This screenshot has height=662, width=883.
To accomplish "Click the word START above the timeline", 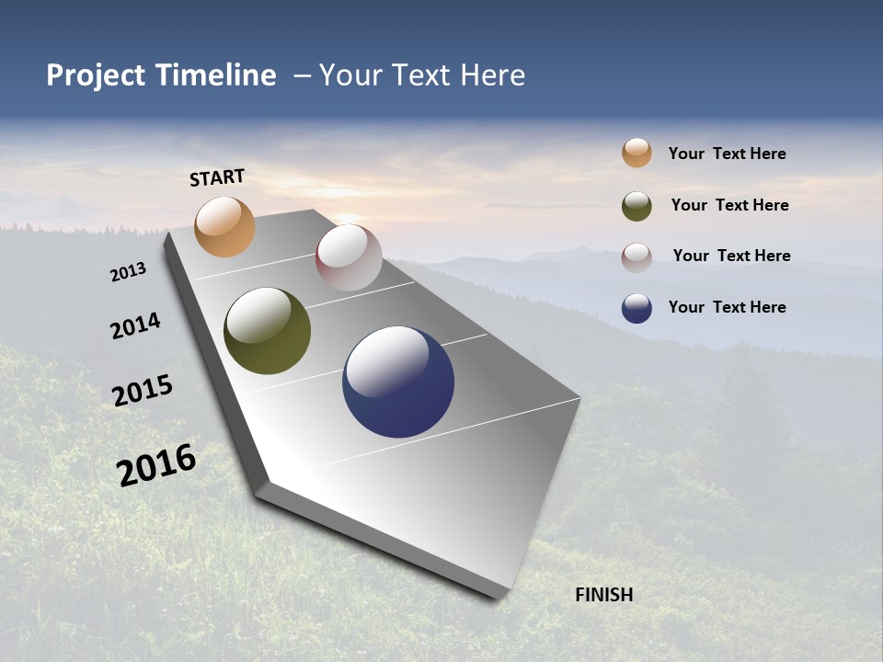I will (217, 177).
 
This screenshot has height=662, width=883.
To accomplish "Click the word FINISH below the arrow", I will (603, 595).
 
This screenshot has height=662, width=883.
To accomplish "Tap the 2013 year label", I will (128, 272).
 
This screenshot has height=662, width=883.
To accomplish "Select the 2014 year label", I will (135, 325).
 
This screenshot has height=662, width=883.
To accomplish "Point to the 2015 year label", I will (143, 390).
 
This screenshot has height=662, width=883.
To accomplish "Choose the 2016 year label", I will (156, 464).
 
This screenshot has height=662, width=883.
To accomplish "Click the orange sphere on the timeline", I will (224, 226).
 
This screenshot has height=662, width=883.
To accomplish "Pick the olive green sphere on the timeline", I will (267, 331).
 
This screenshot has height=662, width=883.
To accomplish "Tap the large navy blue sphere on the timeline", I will (398, 382).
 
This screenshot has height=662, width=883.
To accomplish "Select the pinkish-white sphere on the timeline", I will (349, 257).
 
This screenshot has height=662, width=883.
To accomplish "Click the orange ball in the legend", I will (636, 154).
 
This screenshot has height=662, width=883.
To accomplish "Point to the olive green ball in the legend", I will (636, 206).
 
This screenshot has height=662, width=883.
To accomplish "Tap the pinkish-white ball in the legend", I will (636, 257).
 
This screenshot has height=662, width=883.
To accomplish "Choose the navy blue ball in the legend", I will (636, 308).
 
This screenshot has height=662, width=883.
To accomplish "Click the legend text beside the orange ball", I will (727, 154).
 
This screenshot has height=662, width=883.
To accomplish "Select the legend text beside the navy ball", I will (727, 307).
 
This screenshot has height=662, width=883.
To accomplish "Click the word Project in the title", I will (97, 75).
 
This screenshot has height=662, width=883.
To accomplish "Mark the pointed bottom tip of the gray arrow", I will (501, 595).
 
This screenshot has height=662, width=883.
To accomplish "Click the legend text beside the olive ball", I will (729, 205).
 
